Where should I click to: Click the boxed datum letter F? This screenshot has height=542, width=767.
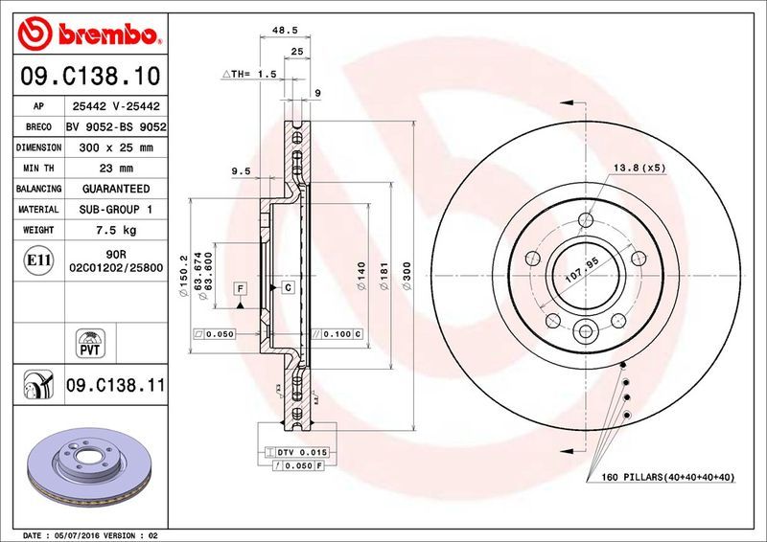(x=240, y=288)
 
